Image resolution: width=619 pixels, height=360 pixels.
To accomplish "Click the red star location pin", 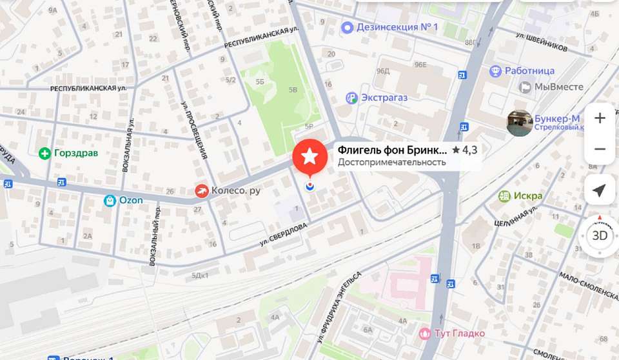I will pos(309,156).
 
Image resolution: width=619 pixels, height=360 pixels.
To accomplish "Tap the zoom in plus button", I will pos(600,118).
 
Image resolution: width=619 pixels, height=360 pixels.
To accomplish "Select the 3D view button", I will pos(600,235).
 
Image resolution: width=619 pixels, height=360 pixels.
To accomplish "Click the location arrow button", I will pos(600,191).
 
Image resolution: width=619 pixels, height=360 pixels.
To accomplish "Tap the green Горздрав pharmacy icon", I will pos(44,154).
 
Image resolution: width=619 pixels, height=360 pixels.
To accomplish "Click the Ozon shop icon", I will pos(110,201).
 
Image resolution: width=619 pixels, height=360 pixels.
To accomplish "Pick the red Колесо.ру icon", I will pos(202,190).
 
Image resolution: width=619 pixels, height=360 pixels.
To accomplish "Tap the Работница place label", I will pos(529,71).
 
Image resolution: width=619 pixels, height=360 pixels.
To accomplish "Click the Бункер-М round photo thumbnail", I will pos(519,123).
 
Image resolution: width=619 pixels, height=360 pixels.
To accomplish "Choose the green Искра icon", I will pos(504,195).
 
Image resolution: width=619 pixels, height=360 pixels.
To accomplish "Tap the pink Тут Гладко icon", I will pos(425,333).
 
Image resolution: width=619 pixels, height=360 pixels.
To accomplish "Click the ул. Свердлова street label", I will pos(284,234).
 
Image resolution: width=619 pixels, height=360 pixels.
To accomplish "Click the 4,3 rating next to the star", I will pos(469,150).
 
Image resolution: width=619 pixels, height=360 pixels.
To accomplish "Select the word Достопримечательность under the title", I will pos(392,163).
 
